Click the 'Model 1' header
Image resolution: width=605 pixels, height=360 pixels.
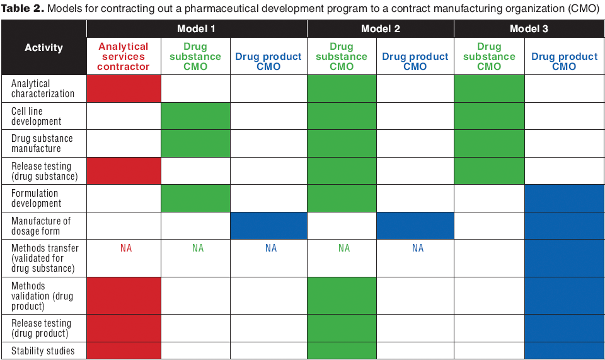197,29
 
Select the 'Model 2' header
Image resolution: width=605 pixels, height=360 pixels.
380,29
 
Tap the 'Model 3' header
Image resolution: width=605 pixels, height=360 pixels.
529,29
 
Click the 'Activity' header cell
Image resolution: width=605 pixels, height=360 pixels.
43,47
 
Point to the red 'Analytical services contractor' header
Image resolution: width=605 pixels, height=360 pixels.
124,56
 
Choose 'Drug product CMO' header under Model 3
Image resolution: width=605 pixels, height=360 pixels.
564,61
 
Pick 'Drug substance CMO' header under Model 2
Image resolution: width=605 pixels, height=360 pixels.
342,56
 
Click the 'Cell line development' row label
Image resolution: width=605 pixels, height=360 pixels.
37,116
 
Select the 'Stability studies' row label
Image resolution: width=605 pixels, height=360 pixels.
43,351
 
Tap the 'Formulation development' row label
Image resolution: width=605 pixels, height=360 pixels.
37,198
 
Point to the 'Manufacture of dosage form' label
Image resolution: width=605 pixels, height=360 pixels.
41,226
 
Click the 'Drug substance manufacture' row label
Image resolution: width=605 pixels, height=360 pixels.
42,144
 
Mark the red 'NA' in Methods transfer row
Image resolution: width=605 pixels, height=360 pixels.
126,248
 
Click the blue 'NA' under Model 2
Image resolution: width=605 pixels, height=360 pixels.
418,248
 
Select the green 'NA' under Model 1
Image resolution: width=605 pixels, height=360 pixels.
198,248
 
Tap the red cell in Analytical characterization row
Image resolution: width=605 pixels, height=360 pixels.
124,88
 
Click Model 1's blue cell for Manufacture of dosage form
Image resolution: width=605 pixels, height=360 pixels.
268,226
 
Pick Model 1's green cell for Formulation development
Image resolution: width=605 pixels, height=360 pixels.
195,198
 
